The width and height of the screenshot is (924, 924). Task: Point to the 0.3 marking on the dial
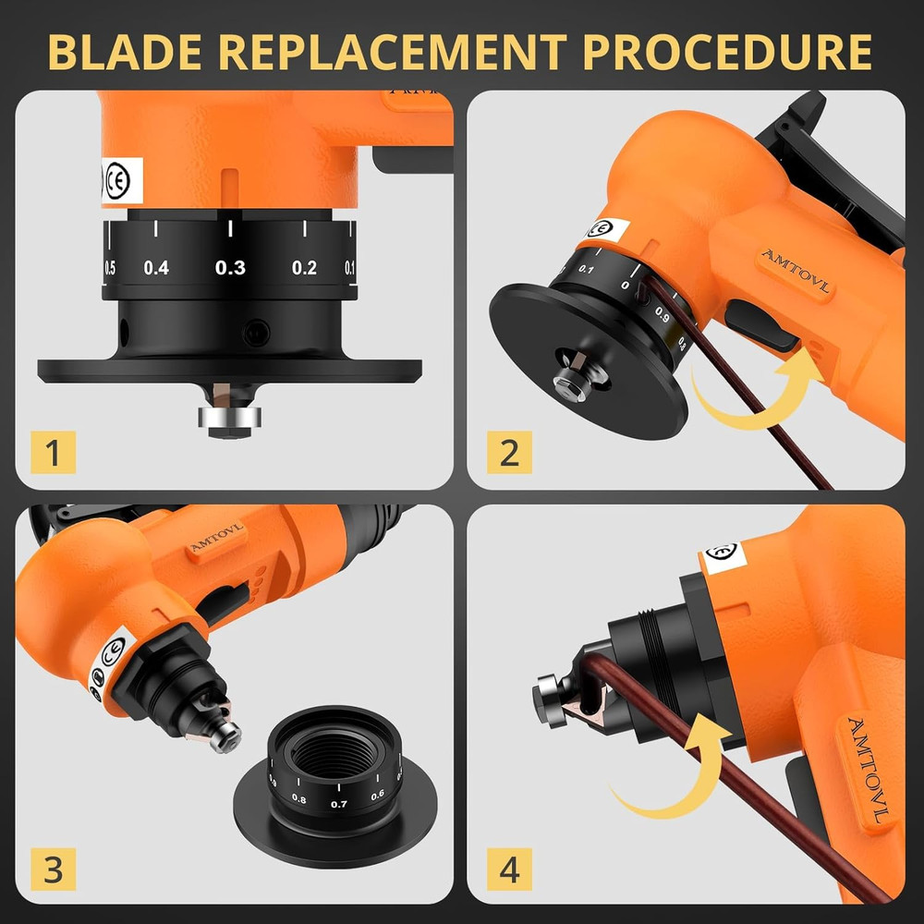[230, 268]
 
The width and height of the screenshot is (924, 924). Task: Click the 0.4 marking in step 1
[156, 268]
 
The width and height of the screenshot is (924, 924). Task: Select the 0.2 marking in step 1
[304, 268]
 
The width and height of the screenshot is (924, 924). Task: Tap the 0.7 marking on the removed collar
[339, 804]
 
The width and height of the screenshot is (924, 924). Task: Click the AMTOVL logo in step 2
[794, 272]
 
